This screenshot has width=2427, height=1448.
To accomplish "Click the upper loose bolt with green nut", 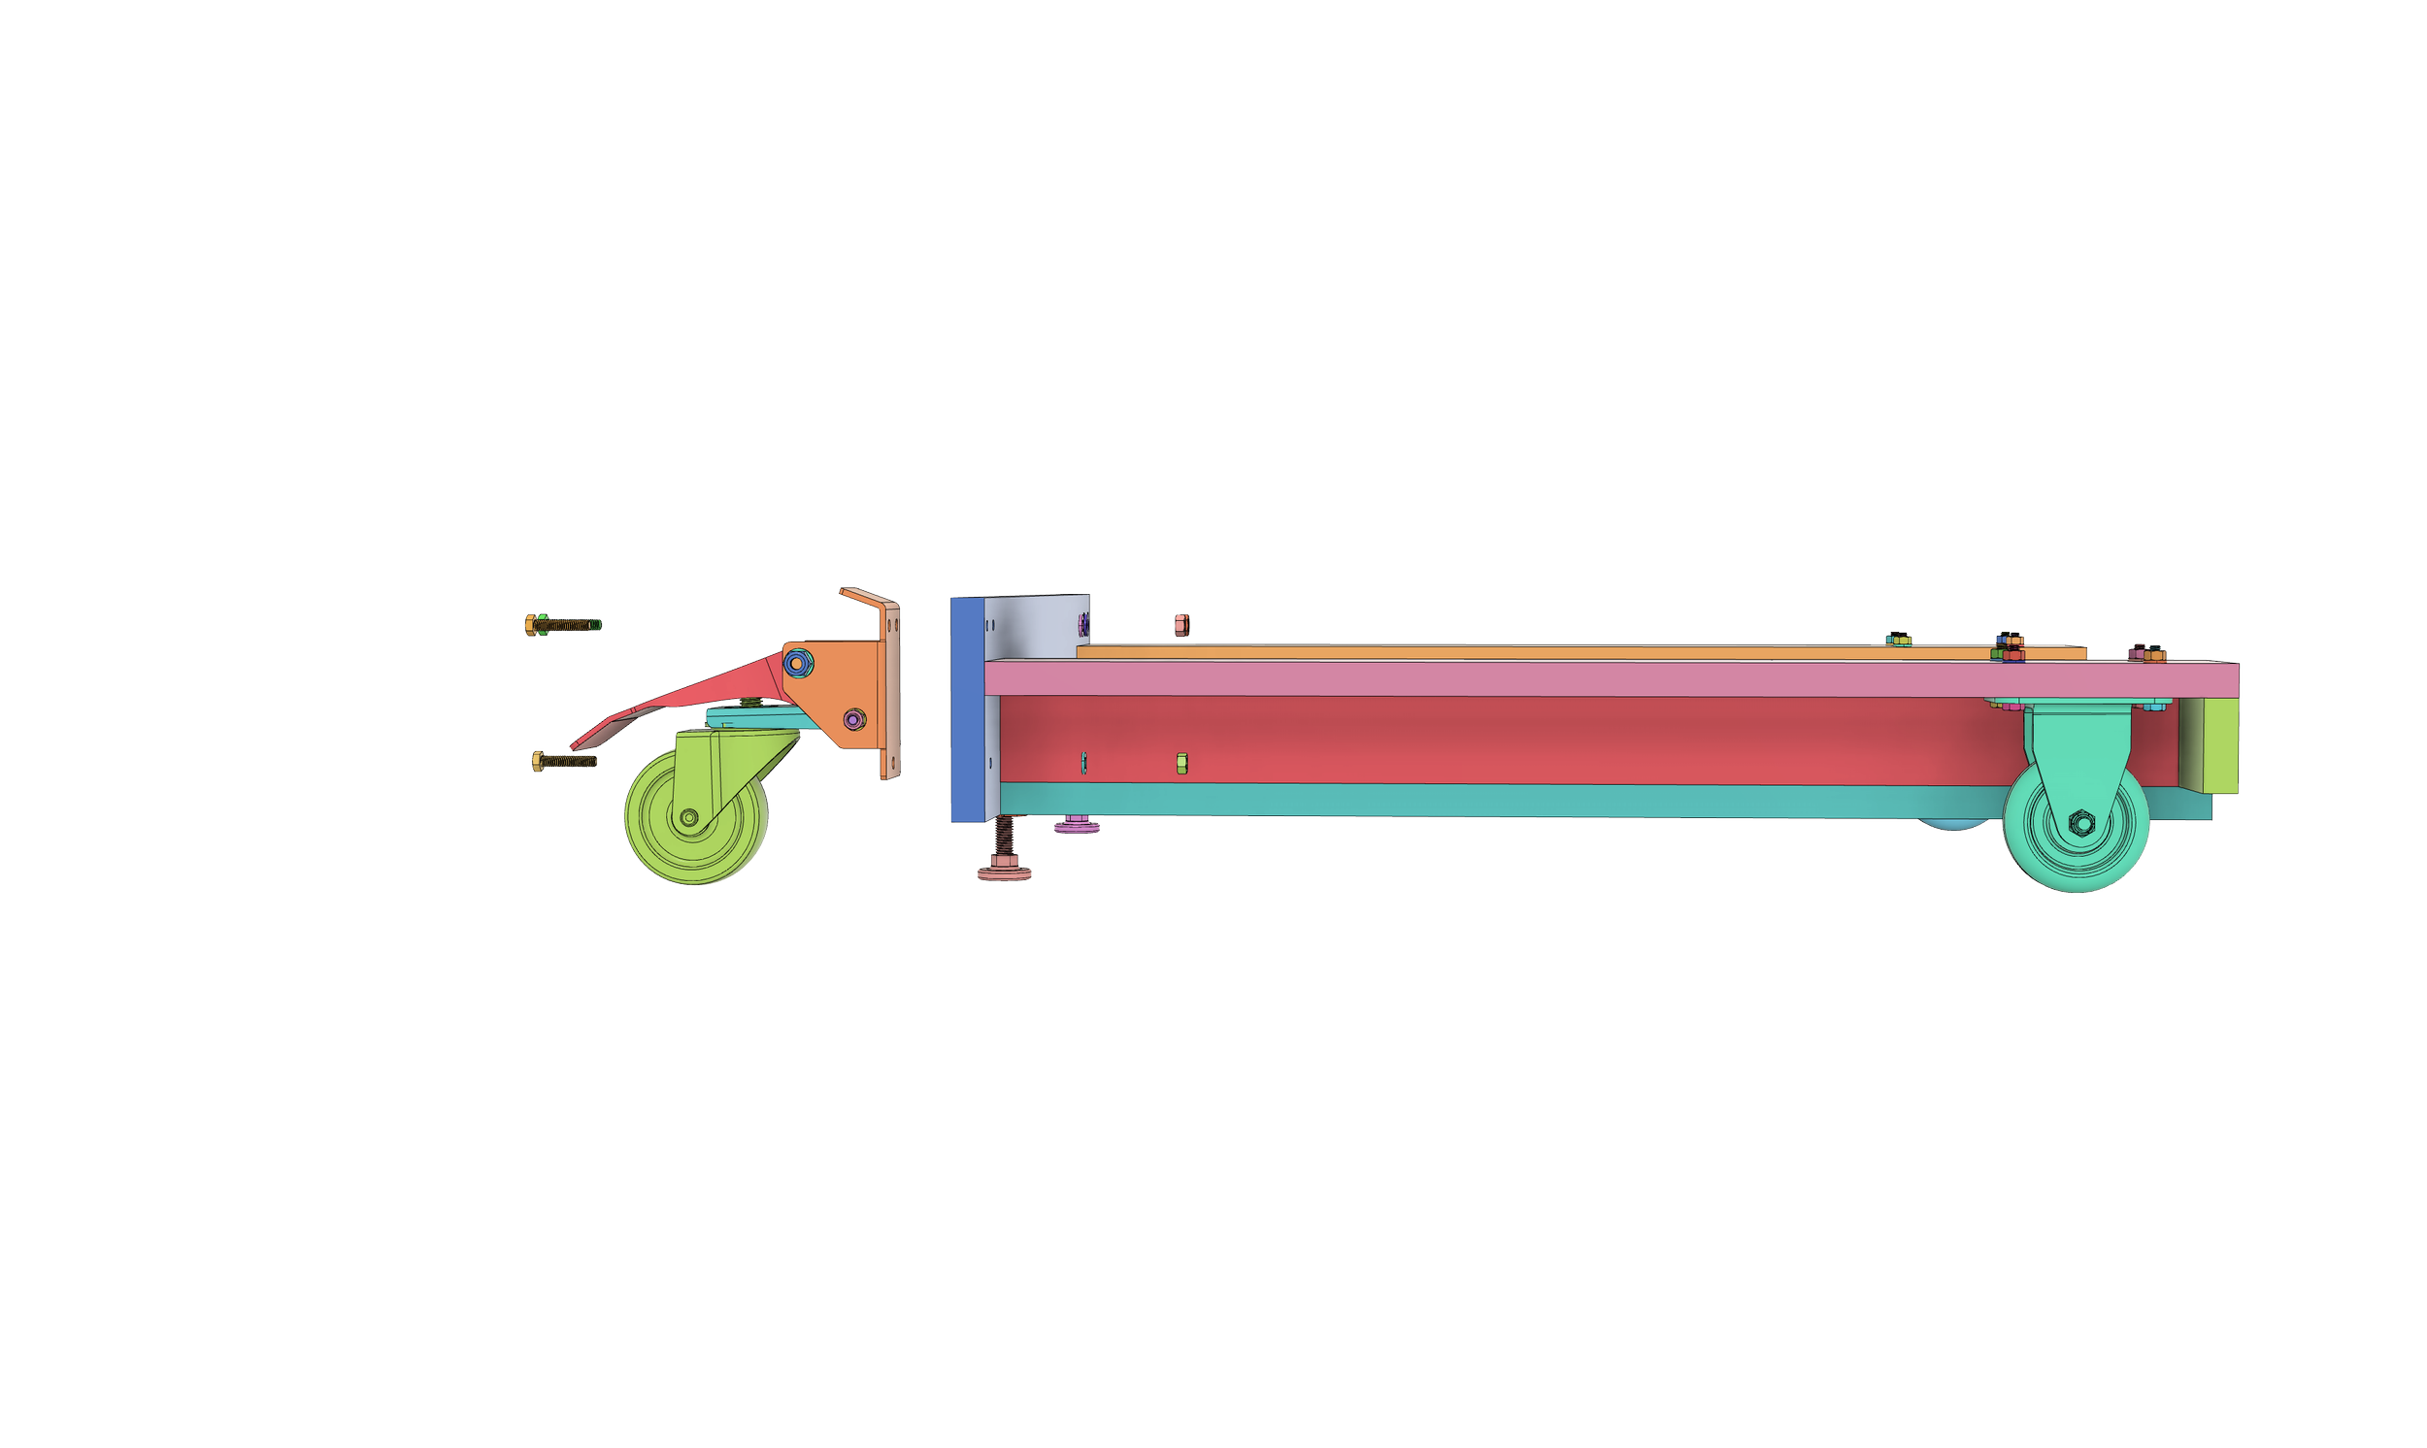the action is coord(564,624).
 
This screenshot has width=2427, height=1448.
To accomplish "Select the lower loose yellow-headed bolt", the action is coord(562,760).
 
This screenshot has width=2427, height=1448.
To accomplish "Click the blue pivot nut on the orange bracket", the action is coord(797,664).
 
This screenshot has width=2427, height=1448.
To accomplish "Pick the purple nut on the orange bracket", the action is coord(854,719).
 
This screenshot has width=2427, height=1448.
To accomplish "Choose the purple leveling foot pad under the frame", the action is coord(1077,828).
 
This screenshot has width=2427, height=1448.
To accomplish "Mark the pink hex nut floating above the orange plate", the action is coord(1181,624).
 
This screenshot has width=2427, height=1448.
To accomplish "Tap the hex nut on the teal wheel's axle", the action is coord(2078,825).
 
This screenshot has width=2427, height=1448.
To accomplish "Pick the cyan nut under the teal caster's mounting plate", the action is coord(2154,705).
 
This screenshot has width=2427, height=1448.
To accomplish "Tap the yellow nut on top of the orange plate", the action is coord(1897,640).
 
